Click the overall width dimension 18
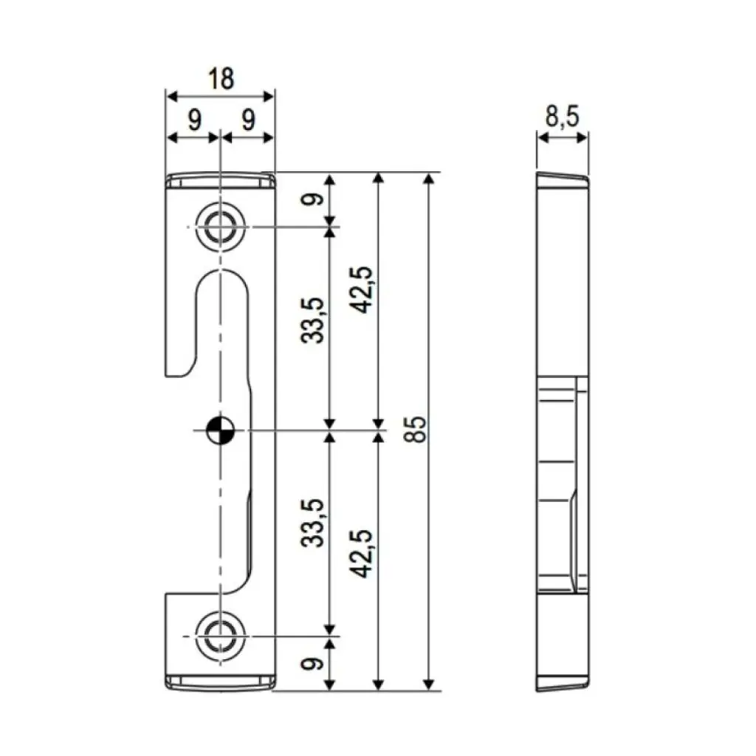pos(221,79)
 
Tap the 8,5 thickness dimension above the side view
pos(563,117)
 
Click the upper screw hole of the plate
pos(219,227)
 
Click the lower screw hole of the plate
pos(219,636)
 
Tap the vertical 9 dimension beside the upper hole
pos(313,200)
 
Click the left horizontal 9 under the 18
pos(193,120)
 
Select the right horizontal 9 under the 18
pos(247,120)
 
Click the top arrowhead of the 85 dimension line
pos(429,179)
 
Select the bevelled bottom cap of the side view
pos(563,683)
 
